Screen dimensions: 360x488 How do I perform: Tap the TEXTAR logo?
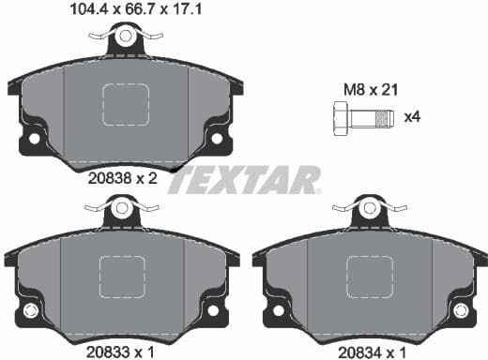tap(243, 179)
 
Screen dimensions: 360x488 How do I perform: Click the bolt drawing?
tap(358, 120)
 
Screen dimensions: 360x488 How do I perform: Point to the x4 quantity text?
tap(410, 118)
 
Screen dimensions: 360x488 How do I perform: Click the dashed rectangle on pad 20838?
tap(126, 104)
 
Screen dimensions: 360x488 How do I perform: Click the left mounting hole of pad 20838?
tap(35, 139)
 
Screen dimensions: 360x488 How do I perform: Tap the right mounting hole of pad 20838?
tap(217, 139)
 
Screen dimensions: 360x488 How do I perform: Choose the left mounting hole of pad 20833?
tap(30, 310)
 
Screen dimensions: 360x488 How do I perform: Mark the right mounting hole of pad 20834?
tap(459, 310)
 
